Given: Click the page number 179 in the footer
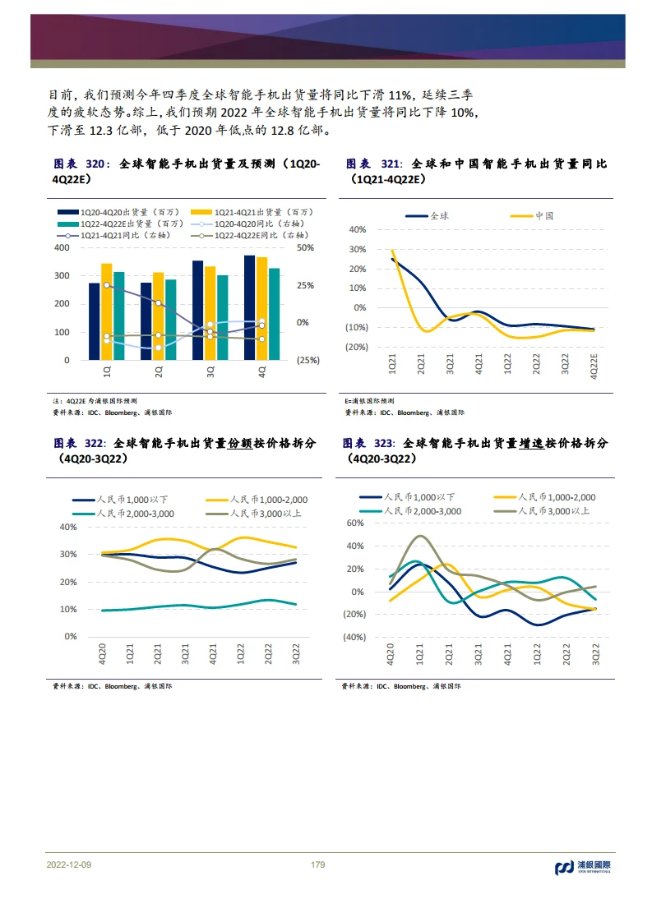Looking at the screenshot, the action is click(x=317, y=864).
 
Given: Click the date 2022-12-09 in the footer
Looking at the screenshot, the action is click(x=69, y=864).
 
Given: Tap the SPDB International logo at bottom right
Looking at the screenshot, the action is click(x=583, y=867).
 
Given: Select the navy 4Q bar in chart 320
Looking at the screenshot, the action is click(x=249, y=307).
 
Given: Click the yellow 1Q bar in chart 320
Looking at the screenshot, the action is click(x=107, y=311).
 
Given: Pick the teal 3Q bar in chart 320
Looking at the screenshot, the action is click(x=223, y=317).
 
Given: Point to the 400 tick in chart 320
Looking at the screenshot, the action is click(x=62, y=247).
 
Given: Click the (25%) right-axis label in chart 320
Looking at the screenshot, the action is click(x=308, y=360).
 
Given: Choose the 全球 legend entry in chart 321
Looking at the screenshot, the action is click(x=428, y=216).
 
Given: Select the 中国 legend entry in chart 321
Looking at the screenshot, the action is click(x=531, y=216).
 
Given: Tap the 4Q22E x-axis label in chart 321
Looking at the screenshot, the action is click(x=594, y=366).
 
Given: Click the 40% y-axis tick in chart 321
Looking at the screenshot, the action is click(x=358, y=229).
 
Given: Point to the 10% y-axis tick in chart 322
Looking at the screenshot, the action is click(x=68, y=609).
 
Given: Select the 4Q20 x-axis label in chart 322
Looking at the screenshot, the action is click(x=102, y=654).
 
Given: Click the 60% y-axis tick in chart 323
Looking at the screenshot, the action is click(x=355, y=523).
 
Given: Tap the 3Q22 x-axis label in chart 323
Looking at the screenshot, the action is click(x=595, y=654).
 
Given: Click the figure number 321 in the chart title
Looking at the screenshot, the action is click(x=391, y=164).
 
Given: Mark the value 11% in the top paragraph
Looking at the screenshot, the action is click(x=400, y=95).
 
